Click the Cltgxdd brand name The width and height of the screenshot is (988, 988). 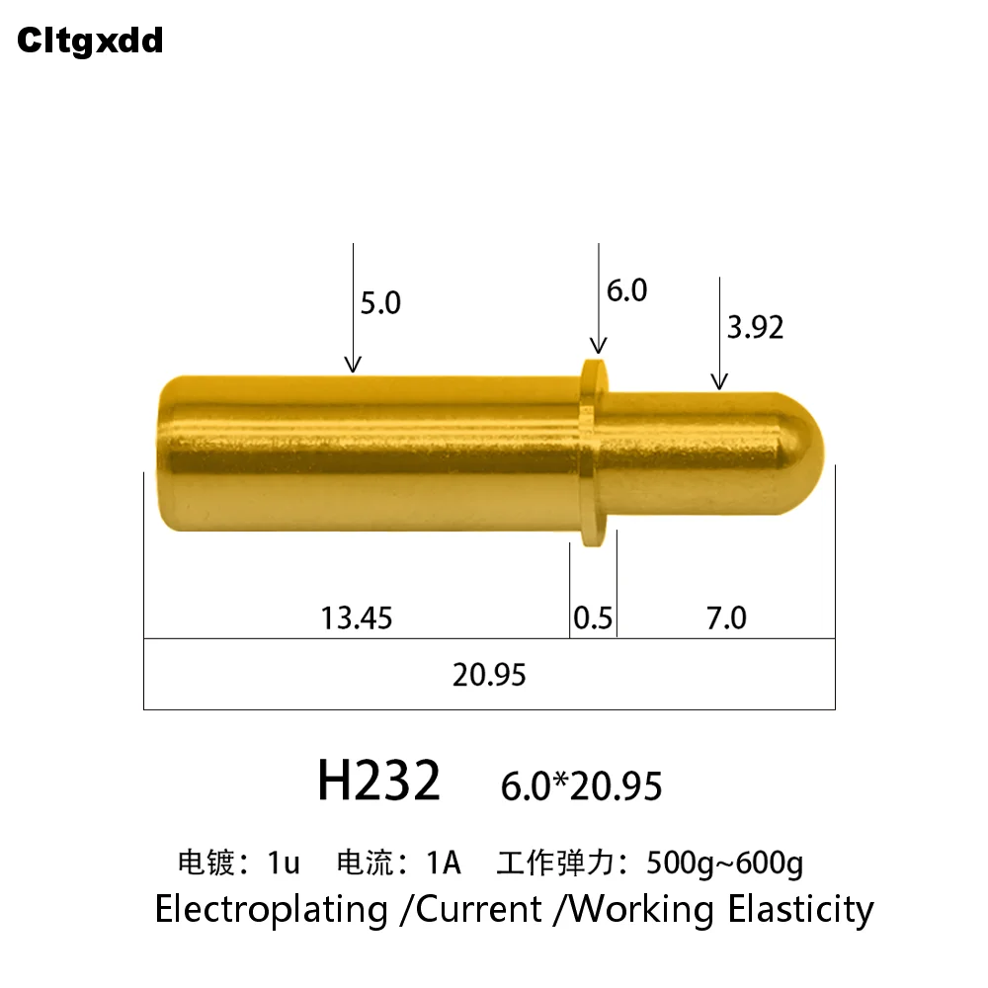point(90,41)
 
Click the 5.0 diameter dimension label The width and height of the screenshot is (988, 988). point(380,302)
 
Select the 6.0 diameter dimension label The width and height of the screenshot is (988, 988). point(626,290)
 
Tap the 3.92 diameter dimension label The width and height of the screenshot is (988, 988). point(755,328)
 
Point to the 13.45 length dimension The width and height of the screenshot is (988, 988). point(356,618)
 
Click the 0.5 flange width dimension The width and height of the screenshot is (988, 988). point(593,618)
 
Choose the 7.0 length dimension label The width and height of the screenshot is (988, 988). point(726,618)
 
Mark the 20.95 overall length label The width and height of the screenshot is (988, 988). point(489,675)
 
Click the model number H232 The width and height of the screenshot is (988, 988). point(378,781)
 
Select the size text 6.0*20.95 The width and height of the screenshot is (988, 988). point(582,786)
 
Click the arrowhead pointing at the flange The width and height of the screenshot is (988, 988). point(597,346)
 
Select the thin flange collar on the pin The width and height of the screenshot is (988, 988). point(593,452)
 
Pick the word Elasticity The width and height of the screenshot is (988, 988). point(800,909)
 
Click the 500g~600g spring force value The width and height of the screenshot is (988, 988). point(724,863)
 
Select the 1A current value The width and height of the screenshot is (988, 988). point(444,863)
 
